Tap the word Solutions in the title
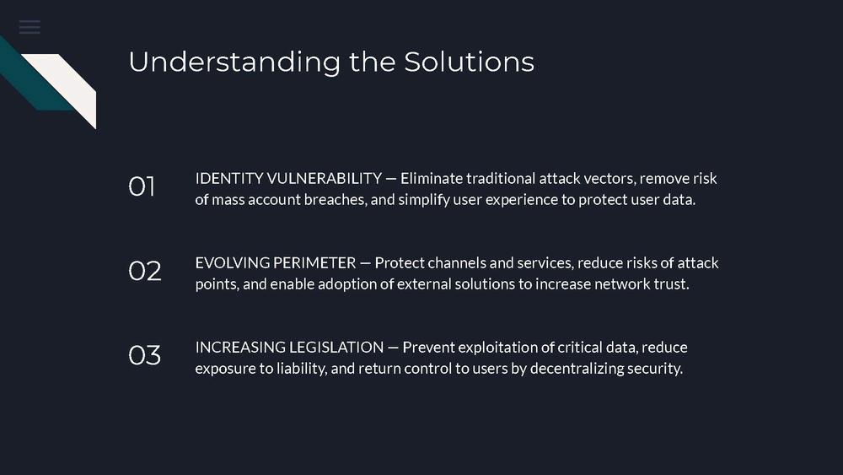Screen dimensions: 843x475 [470, 62]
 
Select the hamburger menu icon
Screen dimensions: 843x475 [30, 27]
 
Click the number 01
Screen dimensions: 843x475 [142, 186]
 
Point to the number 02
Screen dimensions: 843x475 [145, 271]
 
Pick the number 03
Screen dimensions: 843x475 [145, 355]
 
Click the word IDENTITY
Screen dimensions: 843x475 [229, 178]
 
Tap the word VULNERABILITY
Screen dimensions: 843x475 [325, 178]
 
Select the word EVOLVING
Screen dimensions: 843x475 [233, 262]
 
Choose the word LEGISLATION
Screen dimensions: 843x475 [336, 347]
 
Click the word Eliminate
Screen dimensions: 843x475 [432, 178]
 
